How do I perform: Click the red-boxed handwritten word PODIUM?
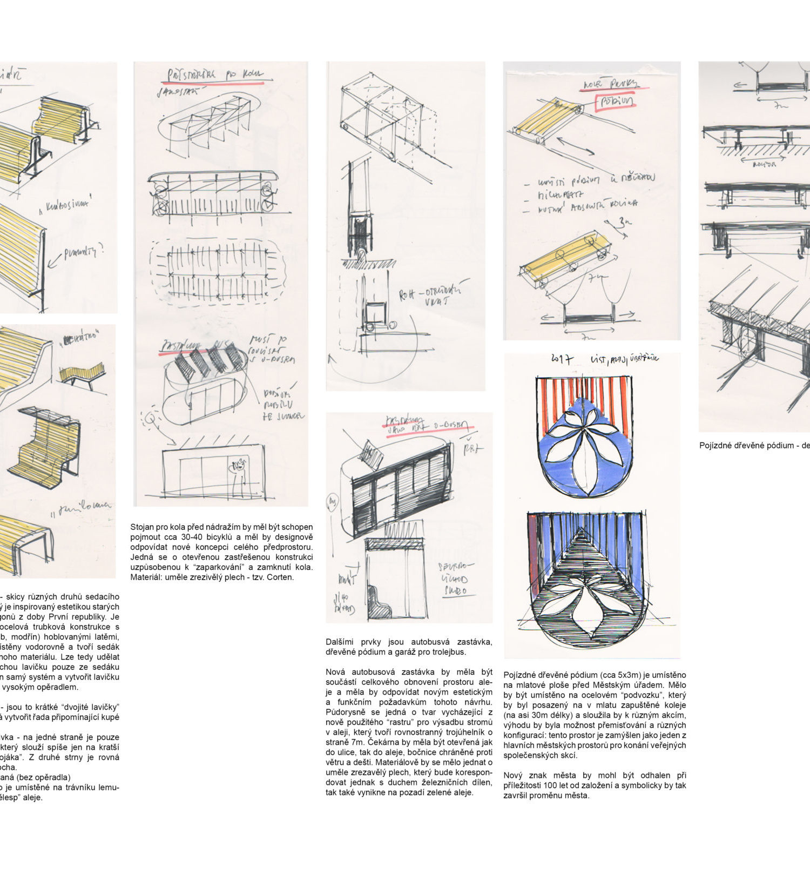tap(616, 102)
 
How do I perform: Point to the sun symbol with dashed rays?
tap(150, 418)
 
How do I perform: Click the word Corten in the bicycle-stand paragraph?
tap(281, 577)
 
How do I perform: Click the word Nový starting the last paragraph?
tap(513, 775)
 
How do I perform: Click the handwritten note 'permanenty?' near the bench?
tap(84, 252)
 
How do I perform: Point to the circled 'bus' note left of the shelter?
tap(333, 504)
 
